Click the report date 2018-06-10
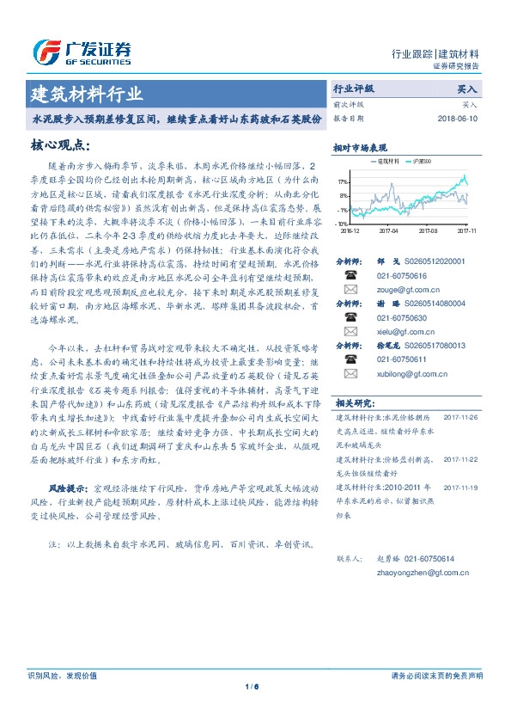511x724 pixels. point(457,118)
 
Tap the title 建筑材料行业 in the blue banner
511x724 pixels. point(87,93)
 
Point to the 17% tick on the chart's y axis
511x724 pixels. point(344,182)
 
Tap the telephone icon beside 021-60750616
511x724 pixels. point(350,275)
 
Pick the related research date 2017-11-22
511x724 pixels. point(460,459)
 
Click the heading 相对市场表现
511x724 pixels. point(360,147)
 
